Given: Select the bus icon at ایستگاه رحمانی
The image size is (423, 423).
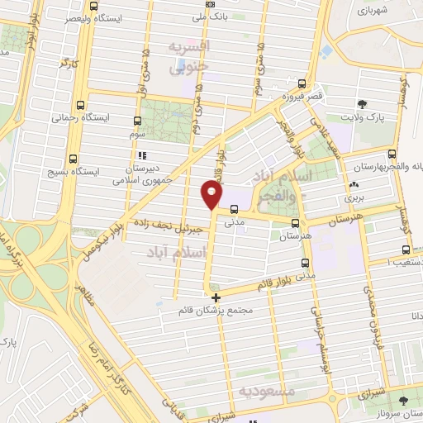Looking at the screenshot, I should click(80, 105).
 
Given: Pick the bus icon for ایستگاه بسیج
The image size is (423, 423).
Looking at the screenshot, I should click(73, 158).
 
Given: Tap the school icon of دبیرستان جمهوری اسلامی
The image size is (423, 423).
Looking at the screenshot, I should click(140, 154).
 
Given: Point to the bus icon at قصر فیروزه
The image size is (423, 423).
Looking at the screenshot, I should click(301, 83).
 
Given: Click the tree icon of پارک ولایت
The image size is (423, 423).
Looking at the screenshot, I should click(362, 104).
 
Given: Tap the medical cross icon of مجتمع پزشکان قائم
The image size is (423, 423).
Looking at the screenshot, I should click(216, 297).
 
